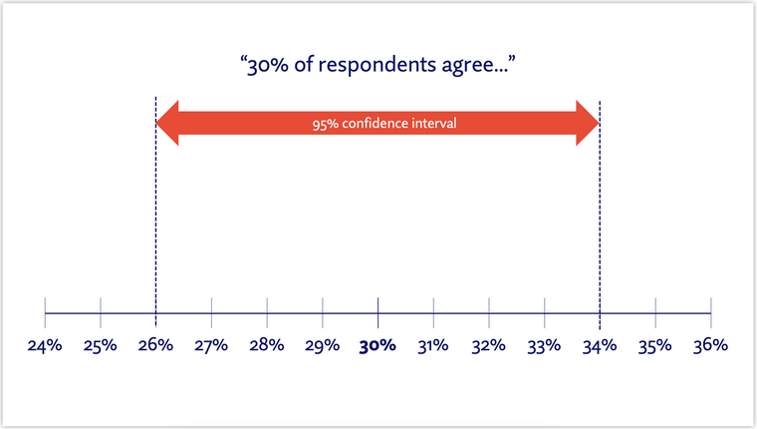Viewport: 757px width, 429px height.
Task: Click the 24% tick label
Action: (x=45, y=346)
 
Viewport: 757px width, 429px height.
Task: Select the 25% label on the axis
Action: (x=101, y=346)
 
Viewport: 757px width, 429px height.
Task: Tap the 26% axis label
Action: (x=156, y=346)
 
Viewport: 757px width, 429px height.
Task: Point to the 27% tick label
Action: (x=211, y=346)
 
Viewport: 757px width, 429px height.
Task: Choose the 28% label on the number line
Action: (x=267, y=346)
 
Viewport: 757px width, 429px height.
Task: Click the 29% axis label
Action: (x=323, y=346)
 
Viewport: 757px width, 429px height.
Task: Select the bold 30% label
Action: (x=378, y=346)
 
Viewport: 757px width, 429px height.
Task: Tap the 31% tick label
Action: (x=433, y=346)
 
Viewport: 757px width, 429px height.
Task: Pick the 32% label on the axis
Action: (x=489, y=346)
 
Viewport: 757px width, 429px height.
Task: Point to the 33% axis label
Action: (x=545, y=346)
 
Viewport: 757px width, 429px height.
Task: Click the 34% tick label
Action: (x=600, y=346)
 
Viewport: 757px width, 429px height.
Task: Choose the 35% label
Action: (x=655, y=346)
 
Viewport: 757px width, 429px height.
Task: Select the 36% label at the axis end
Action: (x=711, y=346)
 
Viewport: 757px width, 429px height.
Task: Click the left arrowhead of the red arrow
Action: (x=168, y=124)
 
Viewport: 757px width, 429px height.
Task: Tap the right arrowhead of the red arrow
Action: (x=588, y=124)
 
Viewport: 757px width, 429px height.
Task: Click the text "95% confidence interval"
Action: (x=378, y=125)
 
